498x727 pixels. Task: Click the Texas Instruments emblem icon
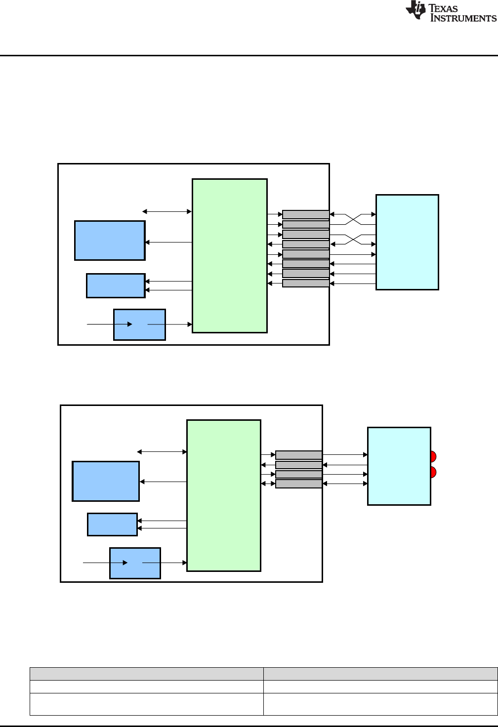point(415,10)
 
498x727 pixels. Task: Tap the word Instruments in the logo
point(463,18)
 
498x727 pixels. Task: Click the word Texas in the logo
point(443,8)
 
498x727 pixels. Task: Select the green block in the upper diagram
point(230,256)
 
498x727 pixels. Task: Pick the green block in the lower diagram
point(224,495)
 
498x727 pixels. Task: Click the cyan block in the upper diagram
point(407,242)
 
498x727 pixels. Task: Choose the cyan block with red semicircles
point(399,466)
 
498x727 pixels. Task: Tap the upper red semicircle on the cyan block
point(433,456)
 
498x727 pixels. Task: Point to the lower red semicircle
point(433,472)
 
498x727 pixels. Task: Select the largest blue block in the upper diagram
point(110,241)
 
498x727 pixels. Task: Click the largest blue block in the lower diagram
point(106,482)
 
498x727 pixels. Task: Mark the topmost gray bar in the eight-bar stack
point(306,214)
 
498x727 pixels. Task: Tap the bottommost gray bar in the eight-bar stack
point(306,283)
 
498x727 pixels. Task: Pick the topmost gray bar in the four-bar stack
point(299,455)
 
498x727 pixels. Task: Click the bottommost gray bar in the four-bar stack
point(299,484)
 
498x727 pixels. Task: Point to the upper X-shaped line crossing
point(353,219)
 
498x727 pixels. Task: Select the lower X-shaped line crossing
point(353,239)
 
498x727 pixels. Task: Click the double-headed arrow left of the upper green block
point(167,211)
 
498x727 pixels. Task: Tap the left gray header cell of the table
point(146,674)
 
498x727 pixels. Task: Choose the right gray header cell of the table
point(380,674)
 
